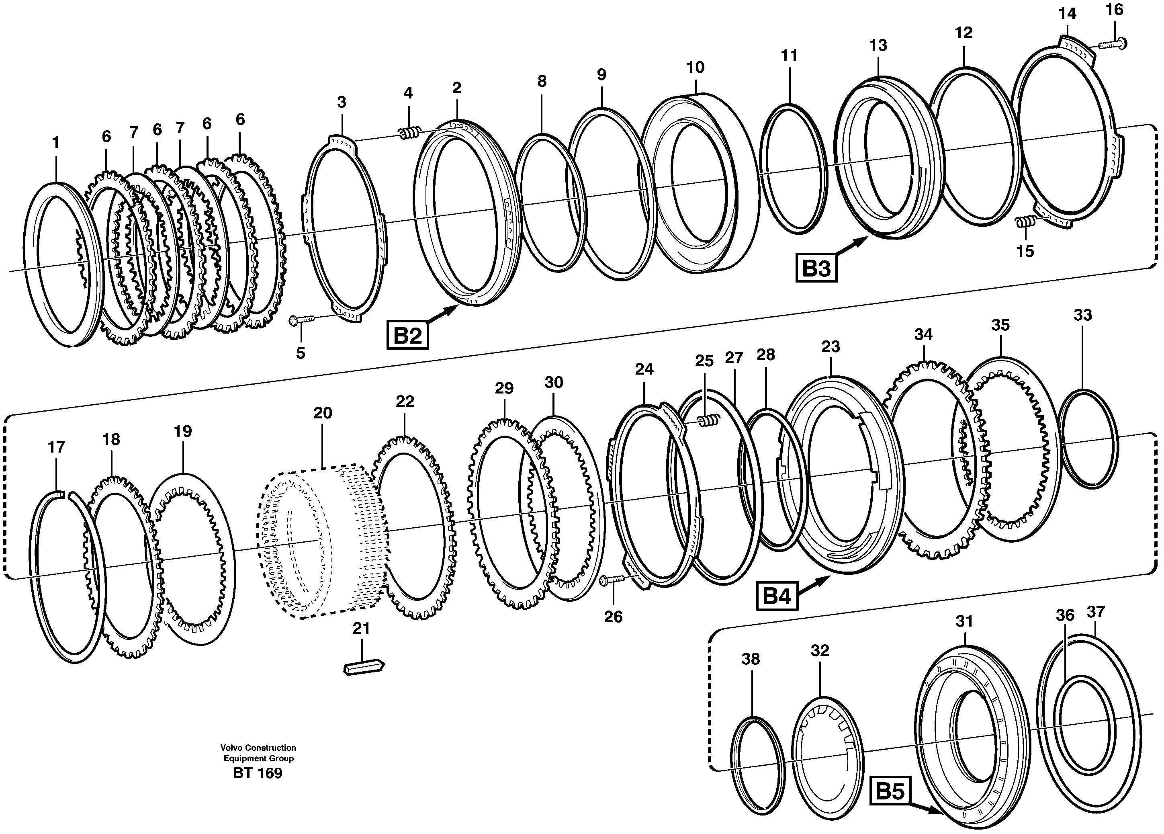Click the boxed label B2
click(407, 335)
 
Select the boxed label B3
click(816, 268)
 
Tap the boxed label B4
click(777, 596)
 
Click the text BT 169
click(258, 773)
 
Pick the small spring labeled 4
click(409, 133)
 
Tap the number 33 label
click(1082, 315)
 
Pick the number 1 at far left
click(55, 142)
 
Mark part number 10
click(696, 67)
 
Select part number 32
click(820, 651)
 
